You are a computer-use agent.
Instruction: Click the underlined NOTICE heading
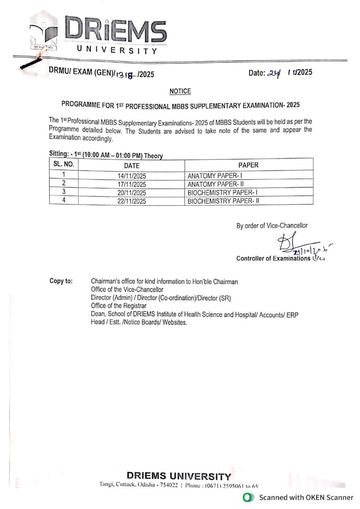180,91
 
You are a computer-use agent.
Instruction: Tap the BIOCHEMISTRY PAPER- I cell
223,193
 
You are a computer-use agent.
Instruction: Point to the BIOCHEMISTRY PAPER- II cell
224,201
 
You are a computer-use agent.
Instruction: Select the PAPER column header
248,165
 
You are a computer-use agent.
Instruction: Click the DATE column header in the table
132,166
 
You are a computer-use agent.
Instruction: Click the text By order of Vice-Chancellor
272,226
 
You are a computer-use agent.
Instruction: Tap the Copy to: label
61,282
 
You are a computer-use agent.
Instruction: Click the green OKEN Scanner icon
246,498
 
